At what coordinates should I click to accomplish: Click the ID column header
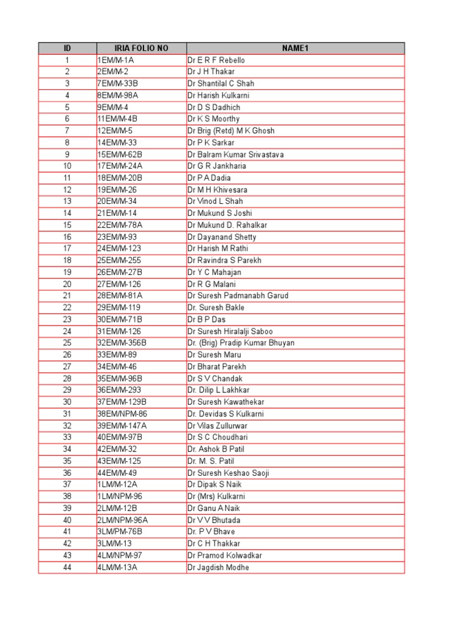[x=67, y=48]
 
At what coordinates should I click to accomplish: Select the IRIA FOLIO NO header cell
[x=141, y=48]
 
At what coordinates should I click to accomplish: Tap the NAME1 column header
[x=295, y=48]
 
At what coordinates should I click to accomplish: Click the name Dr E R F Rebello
[x=216, y=60]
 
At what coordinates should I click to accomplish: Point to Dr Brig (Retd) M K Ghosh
[x=231, y=131]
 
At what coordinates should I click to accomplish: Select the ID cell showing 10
[x=67, y=166]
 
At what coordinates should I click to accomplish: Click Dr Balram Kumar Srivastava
[x=235, y=155]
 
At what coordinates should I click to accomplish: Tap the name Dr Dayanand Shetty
[x=222, y=237]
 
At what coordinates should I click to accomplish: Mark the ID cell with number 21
[x=67, y=296]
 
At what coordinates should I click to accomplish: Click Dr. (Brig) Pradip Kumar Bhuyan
[x=241, y=343]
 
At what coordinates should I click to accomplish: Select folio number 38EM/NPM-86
[x=122, y=414]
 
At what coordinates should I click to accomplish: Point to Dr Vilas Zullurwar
[x=218, y=425]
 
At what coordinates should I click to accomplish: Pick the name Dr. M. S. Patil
[x=211, y=461]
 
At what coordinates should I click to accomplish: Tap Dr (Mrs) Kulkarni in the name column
[x=216, y=496]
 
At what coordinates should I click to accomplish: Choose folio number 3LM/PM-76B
[x=119, y=532]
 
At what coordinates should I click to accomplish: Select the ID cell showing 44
[x=67, y=567]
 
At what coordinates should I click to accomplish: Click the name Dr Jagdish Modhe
[x=218, y=567]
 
